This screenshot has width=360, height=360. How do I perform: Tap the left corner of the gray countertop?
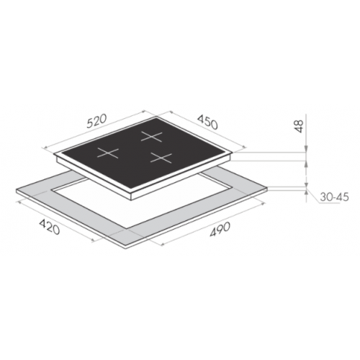click(16, 189)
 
